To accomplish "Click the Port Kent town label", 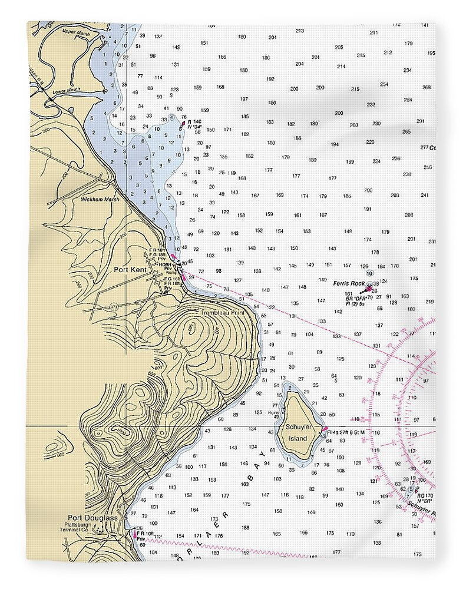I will point(130,269).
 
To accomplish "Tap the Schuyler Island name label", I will point(296,433).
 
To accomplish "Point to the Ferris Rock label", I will point(349,283).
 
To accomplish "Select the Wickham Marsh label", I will point(100,200).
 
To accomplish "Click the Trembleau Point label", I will point(222,313).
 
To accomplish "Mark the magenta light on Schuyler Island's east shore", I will point(323,429).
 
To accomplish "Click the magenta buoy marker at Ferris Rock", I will point(369,289).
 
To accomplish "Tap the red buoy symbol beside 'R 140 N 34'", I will point(183,123).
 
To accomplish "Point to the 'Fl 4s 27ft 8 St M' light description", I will point(346,433).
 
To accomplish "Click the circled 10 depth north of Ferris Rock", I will point(369,273).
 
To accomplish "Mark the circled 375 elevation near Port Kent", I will point(113,307).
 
